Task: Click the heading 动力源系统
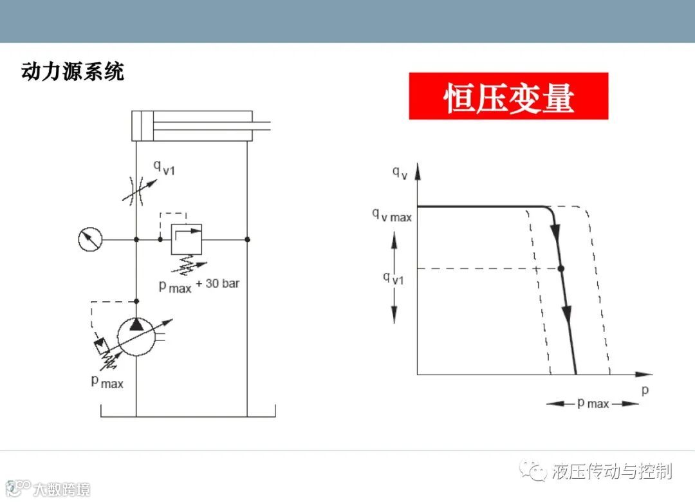click(73, 71)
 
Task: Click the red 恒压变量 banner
click(508, 96)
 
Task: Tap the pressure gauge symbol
click(89, 239)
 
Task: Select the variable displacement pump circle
click(136, 335)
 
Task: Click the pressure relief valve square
click(186, 239)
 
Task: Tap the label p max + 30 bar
click(199, 285)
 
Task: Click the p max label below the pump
click(107, 382)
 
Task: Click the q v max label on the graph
click(391, 215)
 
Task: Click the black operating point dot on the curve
click(561, 268)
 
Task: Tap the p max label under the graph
click(593, 404)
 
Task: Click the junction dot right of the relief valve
click(247, 239)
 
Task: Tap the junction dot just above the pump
click(136, 301)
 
